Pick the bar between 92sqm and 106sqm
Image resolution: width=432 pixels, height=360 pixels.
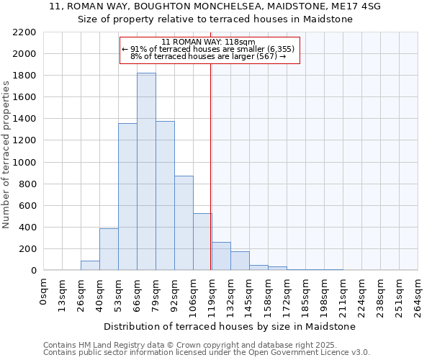[184, 223]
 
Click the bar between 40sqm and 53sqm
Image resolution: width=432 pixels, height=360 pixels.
[109, 249]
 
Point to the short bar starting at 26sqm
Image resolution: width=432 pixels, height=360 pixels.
[90, 266]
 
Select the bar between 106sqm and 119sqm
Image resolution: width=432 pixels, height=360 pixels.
[202, 242]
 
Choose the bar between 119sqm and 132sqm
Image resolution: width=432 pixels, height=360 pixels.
[221, 256]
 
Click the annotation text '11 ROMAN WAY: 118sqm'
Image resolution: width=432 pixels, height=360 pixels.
[208, 42]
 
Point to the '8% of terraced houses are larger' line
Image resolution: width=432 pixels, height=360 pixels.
[208, 56]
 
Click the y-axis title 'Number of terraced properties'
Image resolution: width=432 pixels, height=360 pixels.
[6, 155]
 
